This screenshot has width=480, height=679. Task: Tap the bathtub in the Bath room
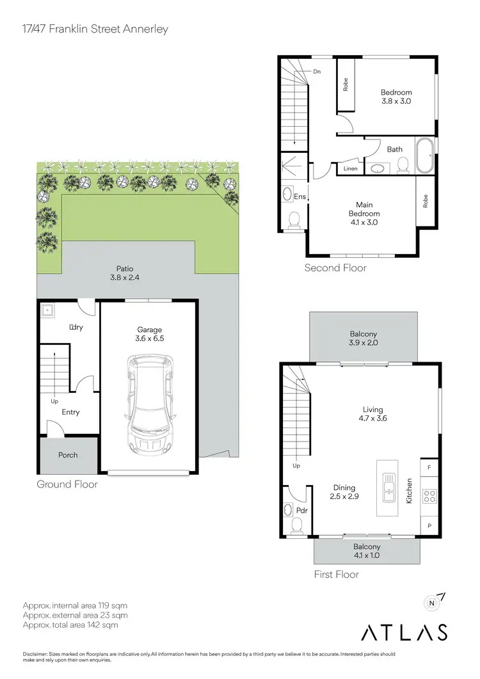(x=424, y=156)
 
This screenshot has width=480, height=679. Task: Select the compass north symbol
(x=433, y=602)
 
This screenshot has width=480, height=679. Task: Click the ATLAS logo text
(x=404, y=632)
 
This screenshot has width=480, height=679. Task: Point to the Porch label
(x=68, y=455)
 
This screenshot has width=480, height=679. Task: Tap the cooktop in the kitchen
(x=429, y=496)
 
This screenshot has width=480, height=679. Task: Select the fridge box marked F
(x=429, y=468)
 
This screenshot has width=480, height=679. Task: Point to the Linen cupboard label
(x=350, y=168)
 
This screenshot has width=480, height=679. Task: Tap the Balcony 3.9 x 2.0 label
(x=363, y=339)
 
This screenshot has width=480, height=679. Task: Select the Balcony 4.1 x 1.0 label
(x=367, y=551)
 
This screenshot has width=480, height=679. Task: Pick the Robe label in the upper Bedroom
(x=346, y=84)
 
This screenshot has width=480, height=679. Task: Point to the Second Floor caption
(x=335, y=268)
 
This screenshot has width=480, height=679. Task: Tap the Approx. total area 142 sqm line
(x=70, y=625)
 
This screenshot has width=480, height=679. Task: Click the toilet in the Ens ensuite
(x=294, y=220)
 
